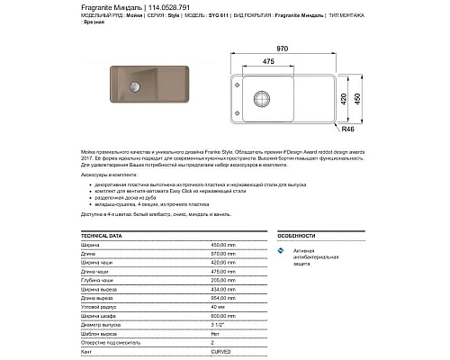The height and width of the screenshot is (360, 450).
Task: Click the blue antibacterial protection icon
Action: coord(281,251)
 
